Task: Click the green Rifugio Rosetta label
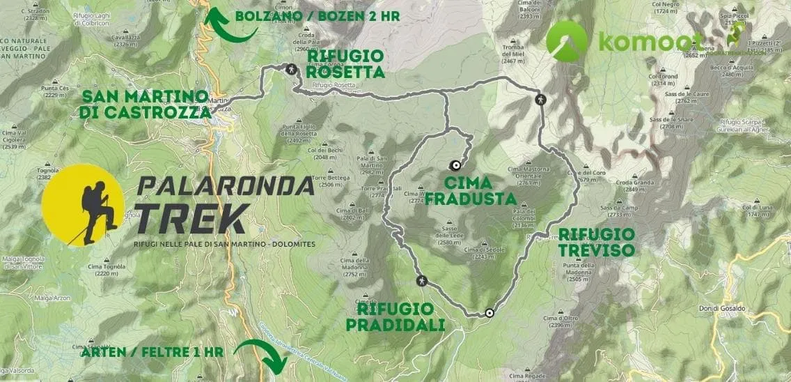[x=345, y=63]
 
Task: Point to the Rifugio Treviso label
[x=596, y=242]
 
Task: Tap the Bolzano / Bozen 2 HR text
[x=318, y=15]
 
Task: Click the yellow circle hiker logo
[x=83, y=206]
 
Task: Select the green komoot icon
[x=567, y=41]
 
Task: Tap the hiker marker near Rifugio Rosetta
[x=291, y=69]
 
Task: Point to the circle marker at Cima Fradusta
[x=455, y=166]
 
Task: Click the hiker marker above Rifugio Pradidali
[x=421, y=281]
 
